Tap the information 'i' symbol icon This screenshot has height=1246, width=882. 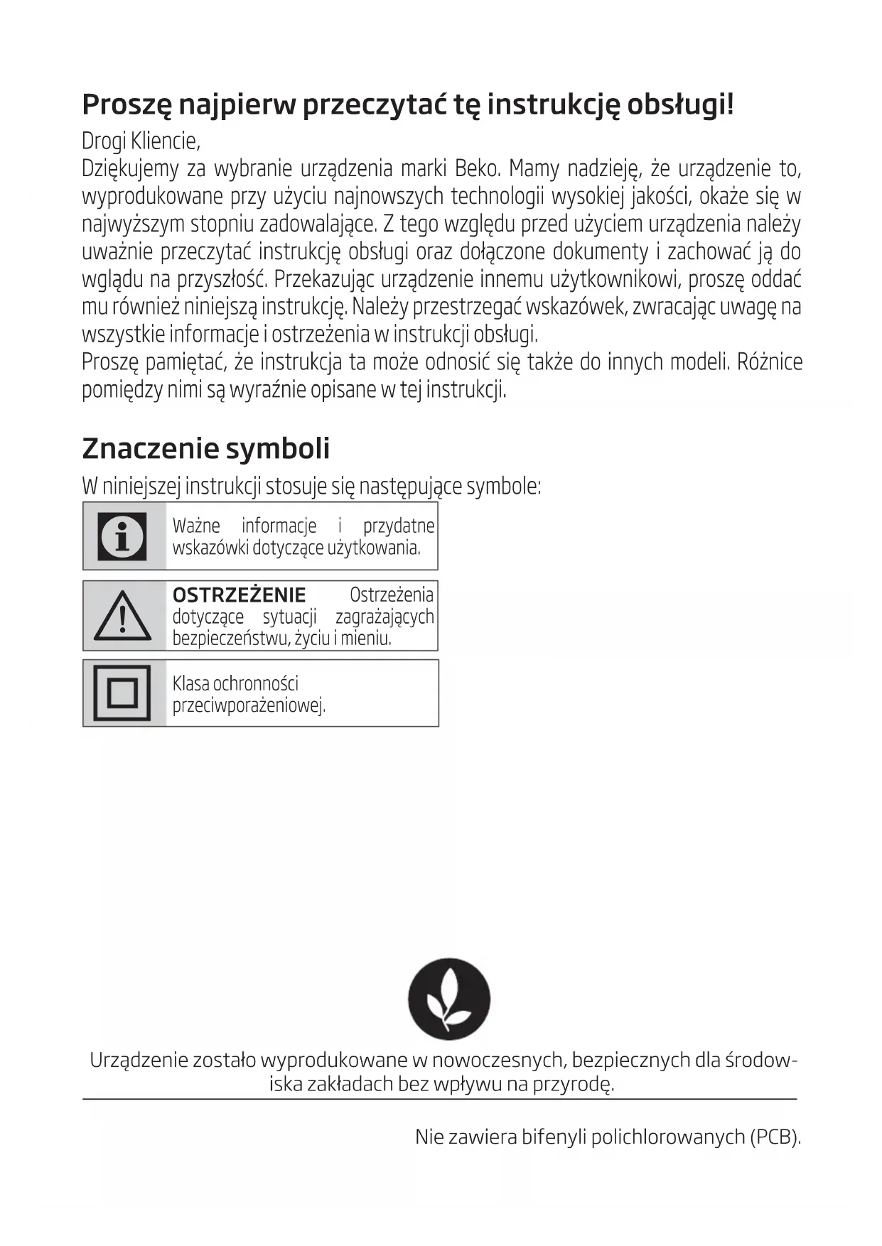122,536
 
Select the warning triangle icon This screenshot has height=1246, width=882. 122,616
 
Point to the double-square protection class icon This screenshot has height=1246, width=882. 122,693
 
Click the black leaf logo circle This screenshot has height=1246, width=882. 448,999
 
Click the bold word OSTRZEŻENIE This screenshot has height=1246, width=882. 239,595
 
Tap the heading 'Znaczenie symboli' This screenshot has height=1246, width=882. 206,448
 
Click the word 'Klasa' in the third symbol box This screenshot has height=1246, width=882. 190,683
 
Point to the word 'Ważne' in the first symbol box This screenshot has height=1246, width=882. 196,526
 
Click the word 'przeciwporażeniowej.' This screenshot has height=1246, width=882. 249,706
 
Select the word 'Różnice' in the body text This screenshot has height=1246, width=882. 770,362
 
